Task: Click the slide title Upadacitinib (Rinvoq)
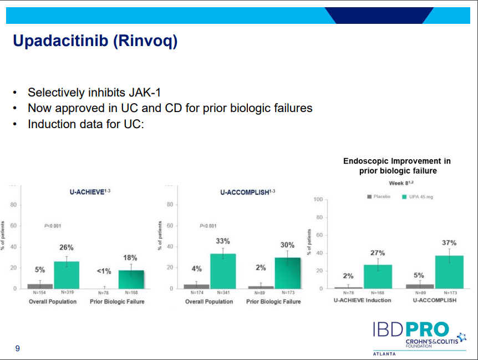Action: coord(95,41)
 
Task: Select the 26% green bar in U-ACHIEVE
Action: coord(67,275)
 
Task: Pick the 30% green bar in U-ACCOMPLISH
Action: coord(288,273)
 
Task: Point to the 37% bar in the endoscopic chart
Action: coord(449,272)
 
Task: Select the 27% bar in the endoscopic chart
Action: coord(378,276)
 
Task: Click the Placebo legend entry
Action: coord(379,196)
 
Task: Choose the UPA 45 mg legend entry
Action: coord(418,196)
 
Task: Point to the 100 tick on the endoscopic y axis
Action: coord(318,200)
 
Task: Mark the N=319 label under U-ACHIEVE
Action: coord(66,292)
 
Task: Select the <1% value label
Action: coord(104,271)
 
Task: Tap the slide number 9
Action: coord(17,348)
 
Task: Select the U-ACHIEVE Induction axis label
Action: coord(362,300)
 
